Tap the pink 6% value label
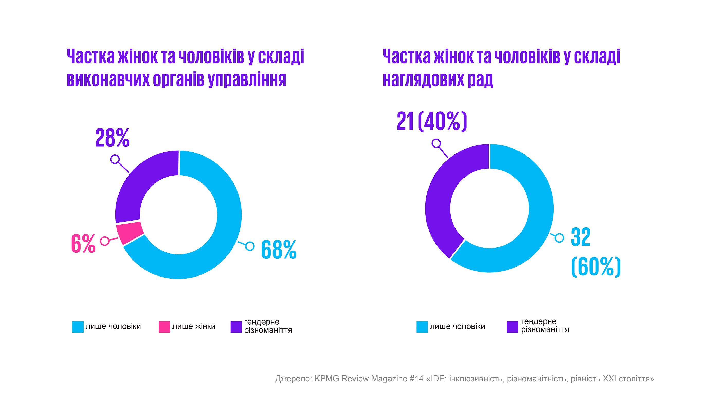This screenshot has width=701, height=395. (83, 243)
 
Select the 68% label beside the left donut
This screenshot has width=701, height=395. (279, 249)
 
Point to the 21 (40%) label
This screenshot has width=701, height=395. (432, 121)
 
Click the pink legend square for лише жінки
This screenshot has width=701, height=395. (164, 327)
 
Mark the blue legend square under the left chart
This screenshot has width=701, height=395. (78, 327)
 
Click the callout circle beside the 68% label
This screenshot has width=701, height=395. (250, 246)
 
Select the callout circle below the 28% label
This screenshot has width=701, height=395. (115, 159)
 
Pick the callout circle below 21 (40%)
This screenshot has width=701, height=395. (436, 143)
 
